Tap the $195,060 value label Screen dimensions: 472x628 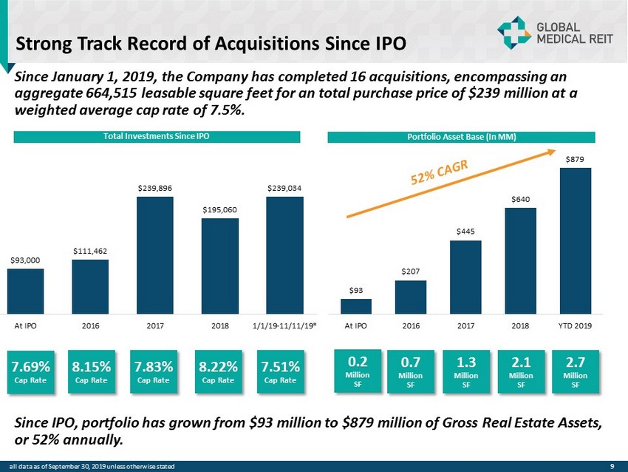[219, 210]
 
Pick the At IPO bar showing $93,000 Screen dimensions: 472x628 [25, 290]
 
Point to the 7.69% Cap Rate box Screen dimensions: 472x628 [31, 369]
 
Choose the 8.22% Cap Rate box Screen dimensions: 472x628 [219, 369]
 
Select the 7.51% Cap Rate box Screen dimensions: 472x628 [281, 369]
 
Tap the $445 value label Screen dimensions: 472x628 [465, 232]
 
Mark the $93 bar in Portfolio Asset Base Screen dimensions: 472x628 [356, 306]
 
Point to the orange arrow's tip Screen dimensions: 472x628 [554, 151]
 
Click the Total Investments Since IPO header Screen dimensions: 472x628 [155, 136]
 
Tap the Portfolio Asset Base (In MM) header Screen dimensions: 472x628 [461, 136]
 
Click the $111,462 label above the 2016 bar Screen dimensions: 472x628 [89, 252]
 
